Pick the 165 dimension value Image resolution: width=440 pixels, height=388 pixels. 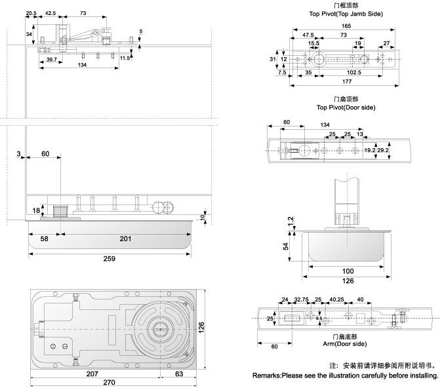[x=346, y=26]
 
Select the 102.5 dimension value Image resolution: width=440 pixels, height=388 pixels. [x=355, y=73]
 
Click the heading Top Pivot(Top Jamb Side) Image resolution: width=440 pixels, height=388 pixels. [x=346, y=13]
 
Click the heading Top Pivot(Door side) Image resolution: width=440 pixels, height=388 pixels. [x=340, y=107]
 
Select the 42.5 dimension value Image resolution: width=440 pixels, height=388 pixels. [x=51, y=13]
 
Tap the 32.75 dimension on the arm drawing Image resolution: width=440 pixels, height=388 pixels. [x=302, y=300]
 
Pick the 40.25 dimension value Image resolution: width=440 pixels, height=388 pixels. [x=337, y=300]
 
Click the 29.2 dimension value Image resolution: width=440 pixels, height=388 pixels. [x=384, y=150]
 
